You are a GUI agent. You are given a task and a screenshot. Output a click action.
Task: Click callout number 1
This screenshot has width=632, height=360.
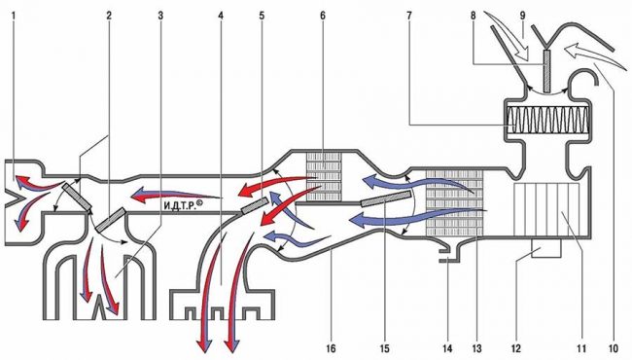(x=14, y=16)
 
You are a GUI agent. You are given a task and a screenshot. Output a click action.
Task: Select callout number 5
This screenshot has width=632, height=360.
(x=262, y=16)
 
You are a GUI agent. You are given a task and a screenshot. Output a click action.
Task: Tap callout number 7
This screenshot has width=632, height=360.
(x=409, y=16)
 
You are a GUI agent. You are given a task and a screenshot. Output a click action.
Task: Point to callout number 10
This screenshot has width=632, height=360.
(x=614, y=348)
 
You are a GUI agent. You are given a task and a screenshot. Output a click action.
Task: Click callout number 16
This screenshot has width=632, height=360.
(x=331, y=348)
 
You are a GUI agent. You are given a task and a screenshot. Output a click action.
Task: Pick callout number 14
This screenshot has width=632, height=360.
(x=447, y=348)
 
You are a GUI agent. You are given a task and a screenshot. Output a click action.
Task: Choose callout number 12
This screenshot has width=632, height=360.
(x=516, y=348)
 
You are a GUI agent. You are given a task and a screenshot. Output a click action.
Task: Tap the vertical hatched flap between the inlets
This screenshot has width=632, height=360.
(x=547, y=71)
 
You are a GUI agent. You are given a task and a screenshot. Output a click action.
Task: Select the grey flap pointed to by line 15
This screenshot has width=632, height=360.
(x=386, y=199)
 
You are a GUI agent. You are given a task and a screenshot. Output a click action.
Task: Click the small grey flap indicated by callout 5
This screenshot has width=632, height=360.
(x=255, y=206)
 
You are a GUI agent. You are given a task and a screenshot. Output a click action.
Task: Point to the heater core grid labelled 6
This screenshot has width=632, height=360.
(x=324, y=176)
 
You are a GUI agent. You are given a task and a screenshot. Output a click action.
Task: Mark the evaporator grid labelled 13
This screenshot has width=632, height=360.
(x=454, y=202)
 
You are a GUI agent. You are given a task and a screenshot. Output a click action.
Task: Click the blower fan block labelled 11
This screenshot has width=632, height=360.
(x=546, y=209)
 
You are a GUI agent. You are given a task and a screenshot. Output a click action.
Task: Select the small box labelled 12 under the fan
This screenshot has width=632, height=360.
(x=546, y=247)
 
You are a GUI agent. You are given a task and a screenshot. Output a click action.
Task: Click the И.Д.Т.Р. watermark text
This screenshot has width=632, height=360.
(x=182, y=206)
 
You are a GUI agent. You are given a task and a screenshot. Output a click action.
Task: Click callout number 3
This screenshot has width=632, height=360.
(x=160, y=16)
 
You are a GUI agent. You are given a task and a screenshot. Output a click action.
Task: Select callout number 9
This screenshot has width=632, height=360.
(x=522, y=16)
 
